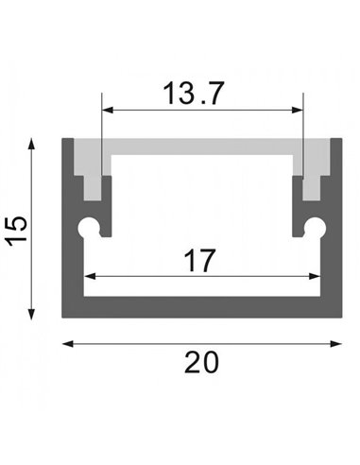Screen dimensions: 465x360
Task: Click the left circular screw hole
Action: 89,228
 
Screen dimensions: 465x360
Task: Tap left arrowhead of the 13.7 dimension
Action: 107,111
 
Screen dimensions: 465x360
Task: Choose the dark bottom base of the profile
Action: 202,307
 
